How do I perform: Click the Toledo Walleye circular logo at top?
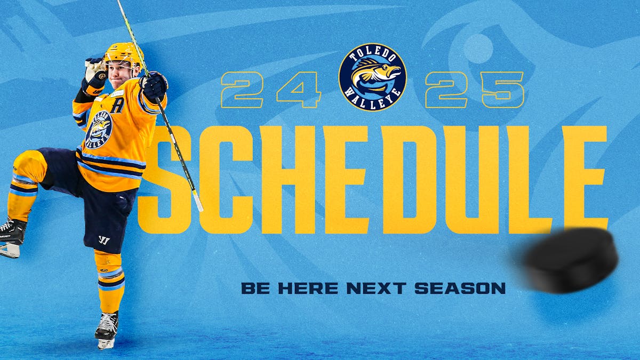tap(372, 77)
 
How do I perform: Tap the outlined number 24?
tap(271, 90)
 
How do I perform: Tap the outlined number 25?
tap(475, 90)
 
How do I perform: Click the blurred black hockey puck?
tap(571, 260)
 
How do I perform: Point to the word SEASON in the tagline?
tap(460, 289)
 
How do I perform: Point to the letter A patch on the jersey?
tap(117, 105)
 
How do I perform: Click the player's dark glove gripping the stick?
tap(154, 85)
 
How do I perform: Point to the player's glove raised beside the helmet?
tap(95, 69)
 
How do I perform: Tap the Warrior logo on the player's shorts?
tap(104, 240)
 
